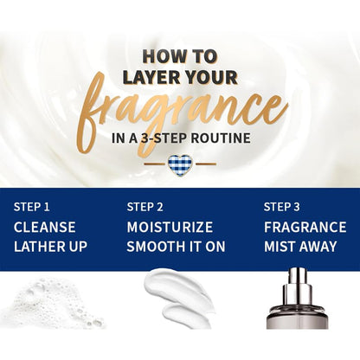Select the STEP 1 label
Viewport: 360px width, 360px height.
click(x=32, y=207)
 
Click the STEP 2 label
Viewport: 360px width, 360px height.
click(x=145, y=207)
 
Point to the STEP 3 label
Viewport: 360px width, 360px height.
click(x=281, y=207)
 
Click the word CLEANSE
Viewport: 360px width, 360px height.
click(x=45, y=227)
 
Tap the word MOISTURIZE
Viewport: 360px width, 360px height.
click(x=170, y=227)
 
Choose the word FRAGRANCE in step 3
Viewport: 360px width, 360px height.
click(x=305, y=227)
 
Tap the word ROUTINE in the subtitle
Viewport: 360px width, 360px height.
click(x=221, y=138)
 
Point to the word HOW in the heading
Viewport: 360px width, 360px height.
click(x=160, y=56)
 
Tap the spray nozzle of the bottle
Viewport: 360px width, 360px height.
click(x=297, y=283)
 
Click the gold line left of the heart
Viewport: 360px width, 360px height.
click(x=155, y=164)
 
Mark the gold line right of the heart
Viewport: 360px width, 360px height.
click(x=206, y=164)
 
